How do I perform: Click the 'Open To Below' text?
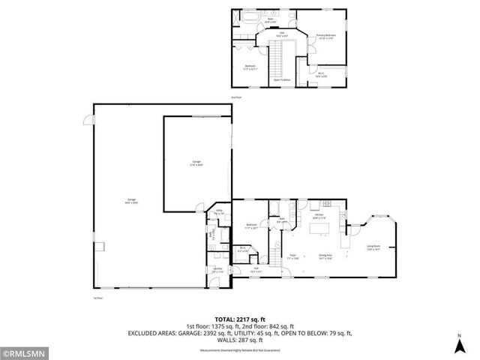tap(281, 79)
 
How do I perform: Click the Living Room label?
tap(373, 248)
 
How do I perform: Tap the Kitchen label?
tap(319, 216)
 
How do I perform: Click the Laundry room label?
tap(217, 269)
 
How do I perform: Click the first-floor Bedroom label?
tap(253, 226)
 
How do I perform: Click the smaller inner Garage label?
tap(196, 163)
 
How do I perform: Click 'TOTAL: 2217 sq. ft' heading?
tap(239, 319)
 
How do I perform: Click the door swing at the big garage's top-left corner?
tap(87, 119)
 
